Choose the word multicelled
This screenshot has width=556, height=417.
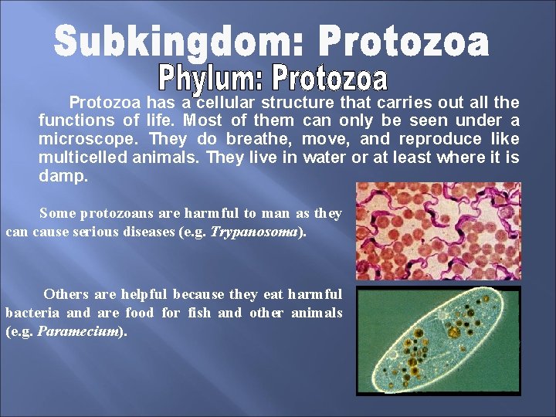[81, 158]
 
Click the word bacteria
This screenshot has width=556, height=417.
[32, 313]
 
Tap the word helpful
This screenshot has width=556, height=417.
[139, 294]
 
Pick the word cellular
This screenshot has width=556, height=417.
[225, 103]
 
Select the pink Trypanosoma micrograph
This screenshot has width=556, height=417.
[438, 231]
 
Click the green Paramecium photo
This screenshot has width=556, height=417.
[438, 341]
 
